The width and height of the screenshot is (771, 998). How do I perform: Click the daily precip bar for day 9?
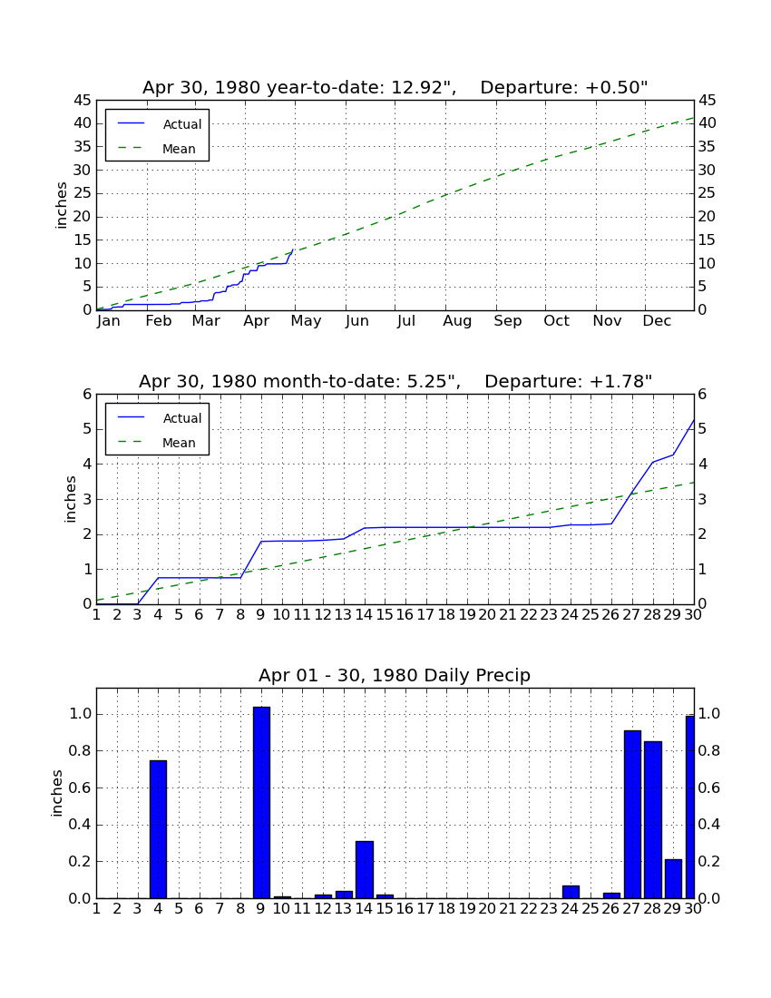[x=261, y=803]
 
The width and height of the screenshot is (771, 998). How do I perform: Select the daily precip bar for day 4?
[x=159, y=829]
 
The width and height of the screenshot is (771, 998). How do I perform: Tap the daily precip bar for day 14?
[x=365, y=870]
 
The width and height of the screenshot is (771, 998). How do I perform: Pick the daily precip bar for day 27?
[x=632, y=815]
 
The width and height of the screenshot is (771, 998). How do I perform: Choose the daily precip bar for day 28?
[x=653, y=820]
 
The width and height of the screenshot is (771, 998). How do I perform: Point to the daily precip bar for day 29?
[x=673, y=879]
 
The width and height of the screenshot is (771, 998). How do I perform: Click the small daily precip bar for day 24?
[x=571, y=892]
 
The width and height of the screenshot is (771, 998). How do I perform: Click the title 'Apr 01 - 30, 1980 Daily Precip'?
[x=395, y=675]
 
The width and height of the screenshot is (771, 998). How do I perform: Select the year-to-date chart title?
[x=395, y=87]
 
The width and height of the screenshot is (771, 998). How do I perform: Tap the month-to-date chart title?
[x=395, y=381]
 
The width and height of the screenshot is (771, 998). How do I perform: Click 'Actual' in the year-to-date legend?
[x=182, y=124]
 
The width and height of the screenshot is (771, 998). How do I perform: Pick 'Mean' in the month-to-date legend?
[x=179, y=443]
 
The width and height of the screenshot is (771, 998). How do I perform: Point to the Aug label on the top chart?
[x=457, y=321]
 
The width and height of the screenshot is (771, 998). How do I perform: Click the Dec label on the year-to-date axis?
[x=657, y=321]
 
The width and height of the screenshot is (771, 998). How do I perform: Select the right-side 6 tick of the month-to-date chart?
[x=702, y=394]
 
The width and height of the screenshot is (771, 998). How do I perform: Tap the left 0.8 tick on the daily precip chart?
[x=81, y=751]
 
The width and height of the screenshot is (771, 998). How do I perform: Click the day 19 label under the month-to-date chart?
[x=467, y=615]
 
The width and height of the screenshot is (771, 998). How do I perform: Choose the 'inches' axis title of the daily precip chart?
[x=56, y=793]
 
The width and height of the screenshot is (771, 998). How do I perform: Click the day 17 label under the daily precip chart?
[x=425, y=909]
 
